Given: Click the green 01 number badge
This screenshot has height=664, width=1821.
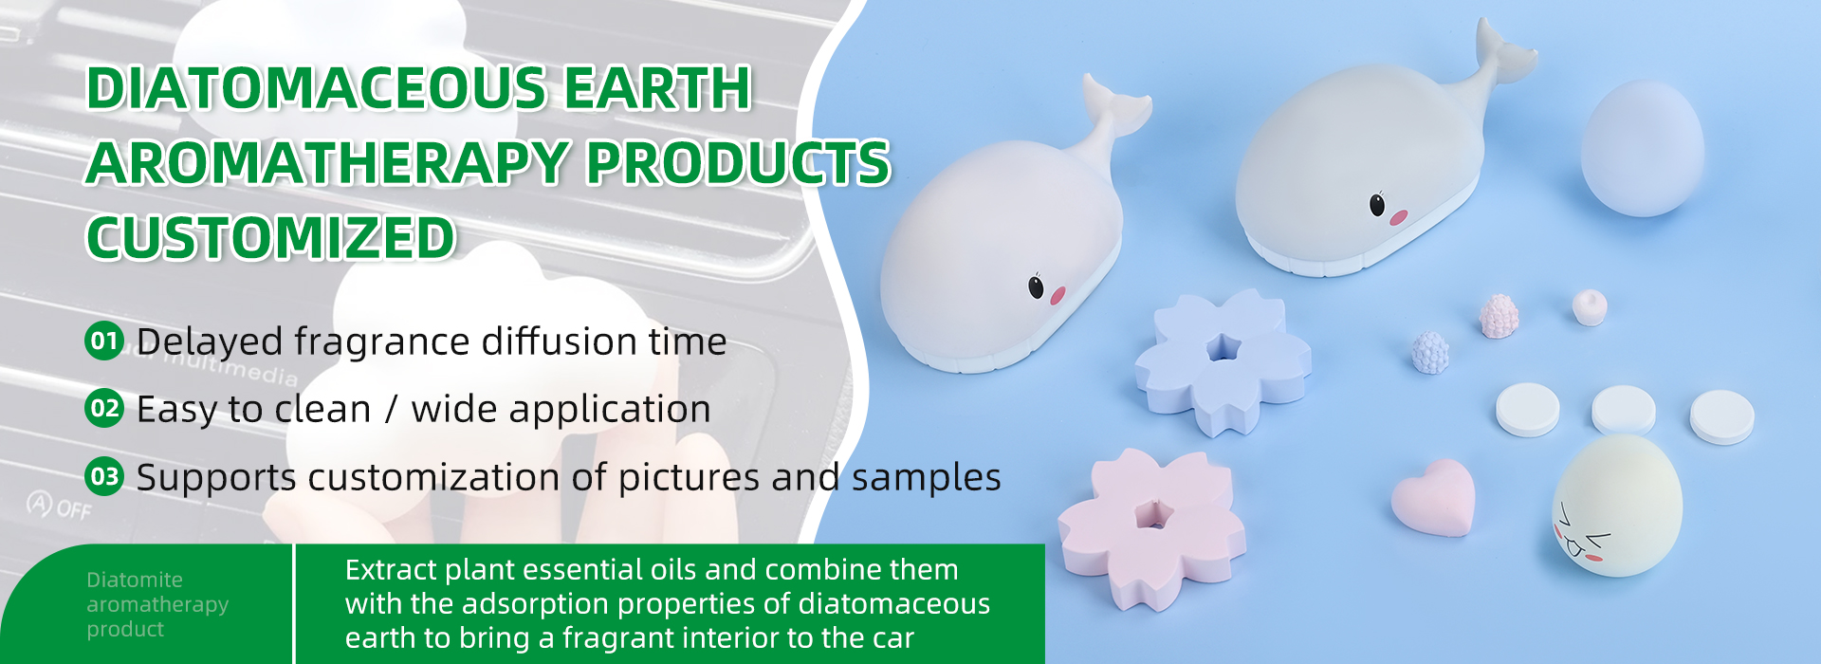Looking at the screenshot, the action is pos(104,341).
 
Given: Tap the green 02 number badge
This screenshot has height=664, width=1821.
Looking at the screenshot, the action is pos(104,409).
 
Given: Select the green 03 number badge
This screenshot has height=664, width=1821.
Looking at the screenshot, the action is pos(104,476).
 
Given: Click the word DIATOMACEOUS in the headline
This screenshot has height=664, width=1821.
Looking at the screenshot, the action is pos(317,88).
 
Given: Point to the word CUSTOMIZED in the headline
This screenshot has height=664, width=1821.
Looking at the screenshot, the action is pos(271,237).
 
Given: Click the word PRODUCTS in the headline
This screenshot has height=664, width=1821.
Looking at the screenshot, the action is pos(738,162).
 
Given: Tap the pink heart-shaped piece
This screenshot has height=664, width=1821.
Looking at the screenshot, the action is pos(1433,497).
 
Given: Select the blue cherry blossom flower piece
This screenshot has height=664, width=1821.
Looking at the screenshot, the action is pos(1223,360).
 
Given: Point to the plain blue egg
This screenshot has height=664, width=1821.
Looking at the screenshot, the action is pos(1642,148).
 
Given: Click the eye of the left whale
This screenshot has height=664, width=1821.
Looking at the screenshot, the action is pos(1037,286).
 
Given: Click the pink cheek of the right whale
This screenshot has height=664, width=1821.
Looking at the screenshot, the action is pos(1398,217).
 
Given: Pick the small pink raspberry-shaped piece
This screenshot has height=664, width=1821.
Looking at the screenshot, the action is pos(1499,316).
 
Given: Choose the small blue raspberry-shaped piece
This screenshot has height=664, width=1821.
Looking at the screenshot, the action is pos(1429,352).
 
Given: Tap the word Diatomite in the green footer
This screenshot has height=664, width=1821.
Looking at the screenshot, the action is pos(135,580).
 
